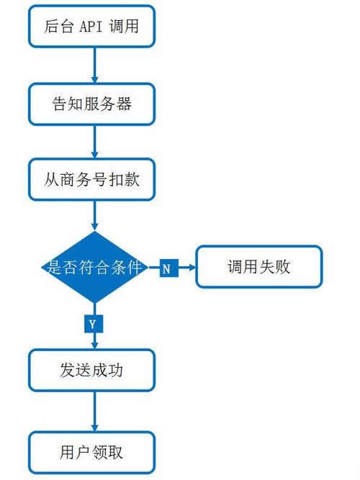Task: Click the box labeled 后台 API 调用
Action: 91,28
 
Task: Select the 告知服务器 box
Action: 91,104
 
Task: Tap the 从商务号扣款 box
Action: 91,179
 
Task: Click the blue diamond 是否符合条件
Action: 94,268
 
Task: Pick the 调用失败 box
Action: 258,268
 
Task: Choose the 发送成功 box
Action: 91,371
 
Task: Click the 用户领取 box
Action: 91,452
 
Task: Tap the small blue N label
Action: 166,268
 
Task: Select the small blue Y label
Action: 92,324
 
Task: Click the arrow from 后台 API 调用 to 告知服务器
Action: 94,66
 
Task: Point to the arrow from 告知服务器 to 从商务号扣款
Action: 94,141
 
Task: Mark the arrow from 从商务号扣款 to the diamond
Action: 94,216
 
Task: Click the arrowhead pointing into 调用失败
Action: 192,268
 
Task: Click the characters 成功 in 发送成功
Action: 108,371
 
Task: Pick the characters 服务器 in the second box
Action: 108,104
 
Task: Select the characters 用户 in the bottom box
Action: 76,452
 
